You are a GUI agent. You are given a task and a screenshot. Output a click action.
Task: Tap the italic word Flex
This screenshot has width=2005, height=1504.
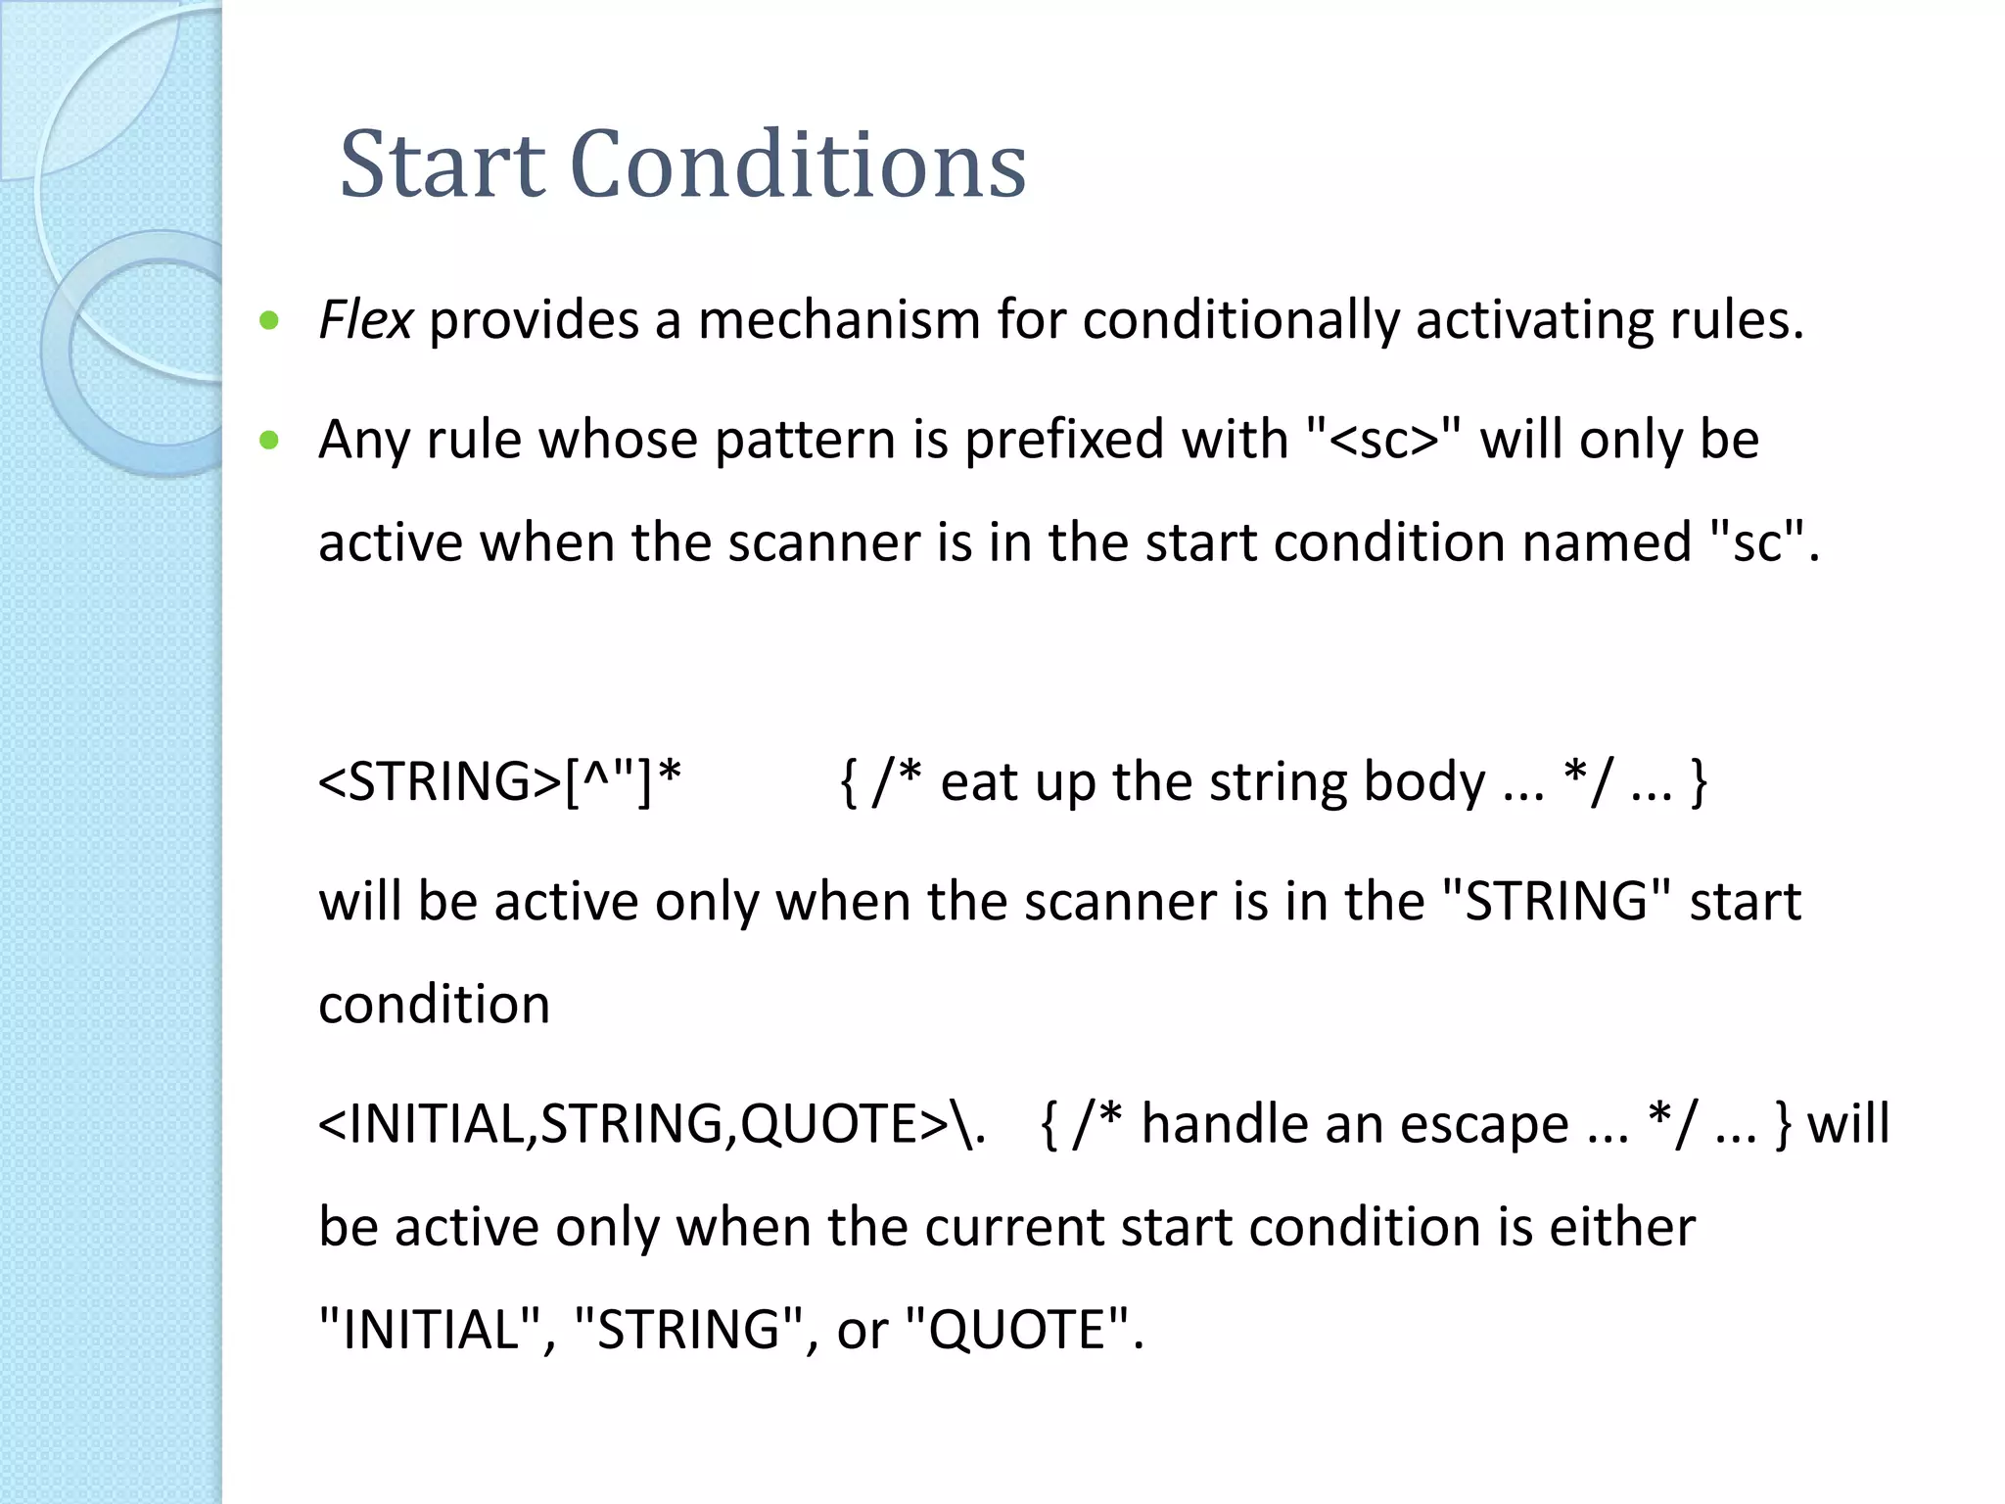click(x=365, y=320)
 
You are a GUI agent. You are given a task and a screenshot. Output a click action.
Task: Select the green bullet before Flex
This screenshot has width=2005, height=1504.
click(x=269, y=320)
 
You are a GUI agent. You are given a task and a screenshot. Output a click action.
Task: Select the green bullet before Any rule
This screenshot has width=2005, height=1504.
click(x=269, y=441)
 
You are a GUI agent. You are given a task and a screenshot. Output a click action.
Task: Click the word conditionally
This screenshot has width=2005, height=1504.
click(x=1240, y=320)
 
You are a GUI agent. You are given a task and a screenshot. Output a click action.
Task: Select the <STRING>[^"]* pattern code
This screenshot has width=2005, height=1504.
click(x=499, y=782)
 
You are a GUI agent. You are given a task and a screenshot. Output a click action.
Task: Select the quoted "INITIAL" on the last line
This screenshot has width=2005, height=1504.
click(x=430, y=1330)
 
